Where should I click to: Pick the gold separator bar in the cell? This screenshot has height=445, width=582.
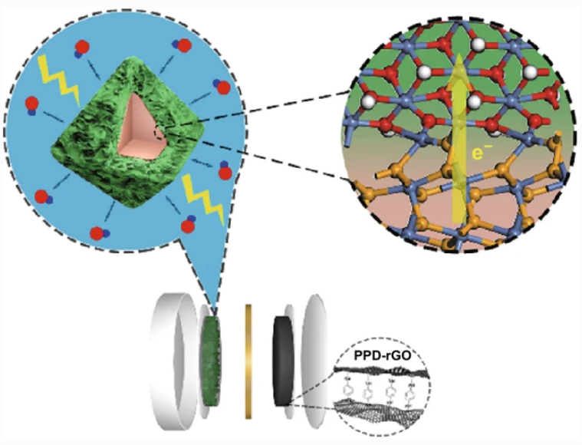pyautogui.click(x=248, y=361)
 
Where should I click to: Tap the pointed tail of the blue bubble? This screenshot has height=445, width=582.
pyautogui.click(x=209, y=299)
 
